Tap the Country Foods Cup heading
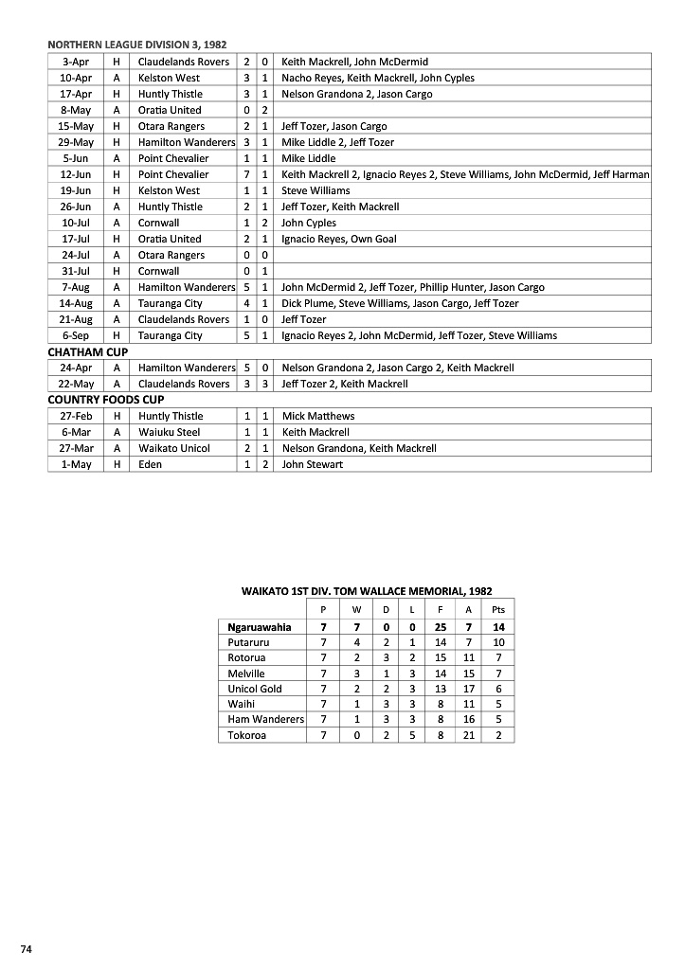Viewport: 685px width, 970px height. click(x=105, y=400)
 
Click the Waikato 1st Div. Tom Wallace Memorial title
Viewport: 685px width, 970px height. click(x=367, y=591)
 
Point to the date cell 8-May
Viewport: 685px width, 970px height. click(x=76, y=110)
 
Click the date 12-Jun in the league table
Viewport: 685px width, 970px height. click(x=76, y=174)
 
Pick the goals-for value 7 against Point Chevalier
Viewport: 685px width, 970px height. click(x=246, y=174)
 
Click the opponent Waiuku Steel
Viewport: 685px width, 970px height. click(x=169, y=432)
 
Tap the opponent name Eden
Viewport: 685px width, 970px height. click(x=150, y=464)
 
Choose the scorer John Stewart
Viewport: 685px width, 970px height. click(x=313, y=464)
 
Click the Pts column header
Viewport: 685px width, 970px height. click(x=498, y=611)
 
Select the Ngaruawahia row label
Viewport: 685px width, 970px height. click(x=260, y=627)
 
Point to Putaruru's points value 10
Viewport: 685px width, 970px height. click(x=498, y=642)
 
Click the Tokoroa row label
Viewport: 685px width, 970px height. click(x=247, y=735)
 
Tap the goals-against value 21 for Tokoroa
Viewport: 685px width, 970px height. click(x=469, y=735)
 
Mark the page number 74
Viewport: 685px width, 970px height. click(x=27, y=948)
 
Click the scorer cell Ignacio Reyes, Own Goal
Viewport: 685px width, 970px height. click(x=338, y=239)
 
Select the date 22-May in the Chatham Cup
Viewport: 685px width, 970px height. click(x=76, y=384)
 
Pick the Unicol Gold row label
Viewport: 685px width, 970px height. click(x=255, y=689)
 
